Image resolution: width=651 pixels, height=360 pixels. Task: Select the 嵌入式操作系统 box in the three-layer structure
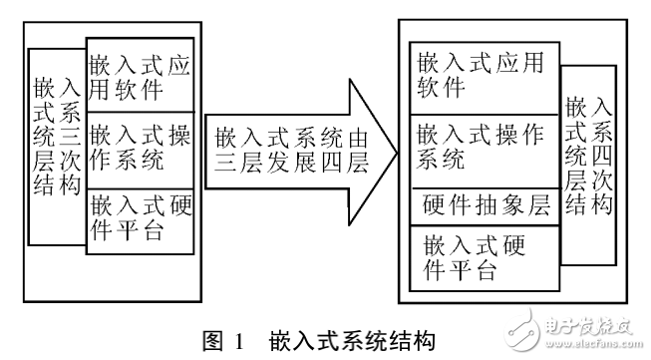[139, 150]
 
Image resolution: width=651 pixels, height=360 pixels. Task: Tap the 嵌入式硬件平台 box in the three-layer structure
[139, 218]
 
